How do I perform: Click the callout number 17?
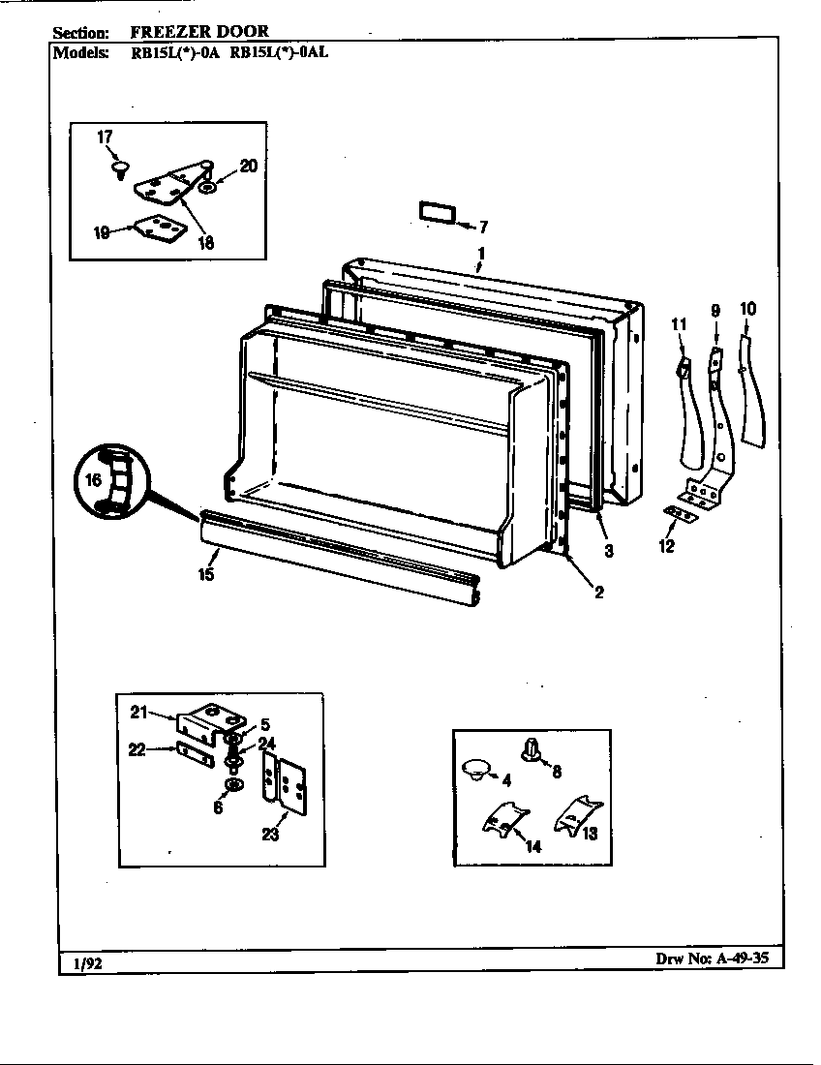[x=106, y=137]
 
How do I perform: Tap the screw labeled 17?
[x=119, y=170]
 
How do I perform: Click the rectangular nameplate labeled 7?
[x=434, y=212]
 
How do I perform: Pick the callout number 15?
[x=205, y=573]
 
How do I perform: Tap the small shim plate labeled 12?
[x=682, y=513]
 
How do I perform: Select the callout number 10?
[x=748, y=310]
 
